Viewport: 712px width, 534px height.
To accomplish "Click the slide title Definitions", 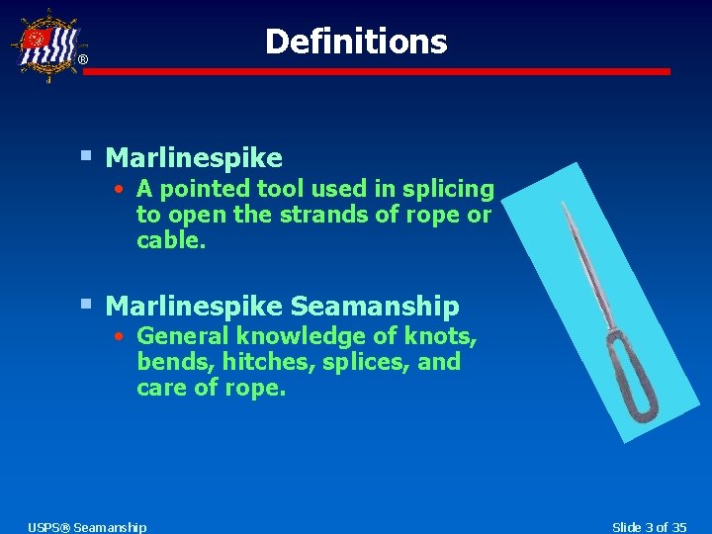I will tap(356, 42).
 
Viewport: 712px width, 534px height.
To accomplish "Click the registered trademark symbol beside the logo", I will tap(83, 61).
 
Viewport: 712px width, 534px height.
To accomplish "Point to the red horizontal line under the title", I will tap(386, 71).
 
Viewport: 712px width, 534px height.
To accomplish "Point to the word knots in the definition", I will tap(442, 337).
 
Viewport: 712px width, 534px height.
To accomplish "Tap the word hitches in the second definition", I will tap(259, 363).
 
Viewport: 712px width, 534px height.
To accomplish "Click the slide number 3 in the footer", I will tap(647, 527).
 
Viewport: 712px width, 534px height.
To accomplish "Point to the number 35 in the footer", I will tap(677, 527).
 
